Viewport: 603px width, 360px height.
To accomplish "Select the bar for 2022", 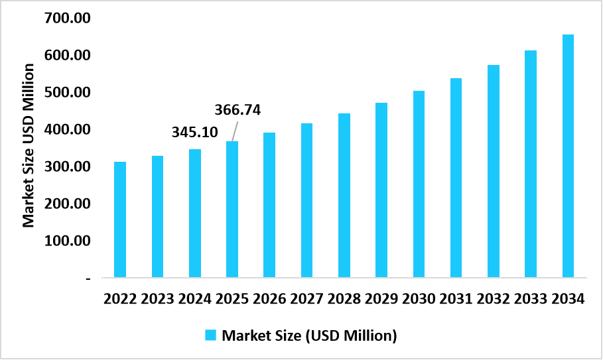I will tap(120, 219).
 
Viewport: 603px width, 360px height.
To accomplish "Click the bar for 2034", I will tap(568, 156).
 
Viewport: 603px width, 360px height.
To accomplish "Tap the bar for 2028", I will tap(344, 195).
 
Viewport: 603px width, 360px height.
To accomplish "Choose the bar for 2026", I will tap(269, 205).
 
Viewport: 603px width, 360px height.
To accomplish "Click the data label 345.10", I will tap(194, 133).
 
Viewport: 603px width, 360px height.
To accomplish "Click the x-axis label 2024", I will tap(194, 299).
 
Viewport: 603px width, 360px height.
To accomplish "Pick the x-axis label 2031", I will tap(456, 299).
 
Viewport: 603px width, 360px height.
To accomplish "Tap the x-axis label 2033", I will tap(530, 299).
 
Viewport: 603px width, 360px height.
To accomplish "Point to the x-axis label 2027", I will tap(306, 299).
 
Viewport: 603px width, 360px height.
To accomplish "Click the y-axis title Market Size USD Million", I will tap(29, 145).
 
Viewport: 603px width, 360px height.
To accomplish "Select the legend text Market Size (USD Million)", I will tap(309, 335).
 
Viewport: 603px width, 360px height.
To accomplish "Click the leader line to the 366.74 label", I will tap(235, 131).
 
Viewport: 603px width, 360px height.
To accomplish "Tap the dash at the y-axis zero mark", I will tap(88, 279).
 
